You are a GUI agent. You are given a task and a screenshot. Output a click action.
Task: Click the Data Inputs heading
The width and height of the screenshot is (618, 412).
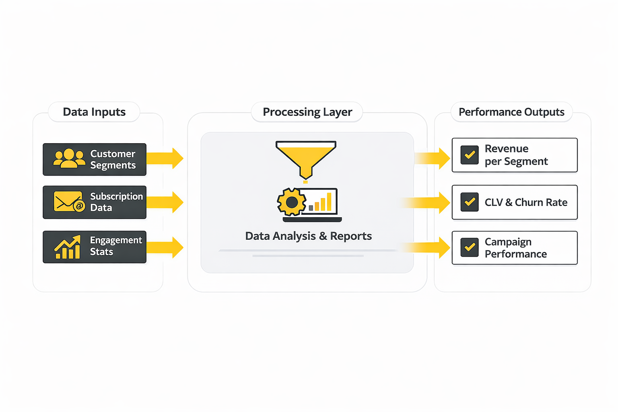pyautogui.click(x=94, y=112)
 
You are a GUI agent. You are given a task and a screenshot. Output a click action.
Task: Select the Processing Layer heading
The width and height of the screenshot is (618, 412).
pyautogui.click(x=307, y=112)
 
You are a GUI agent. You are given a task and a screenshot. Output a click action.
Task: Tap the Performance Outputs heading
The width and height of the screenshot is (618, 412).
pyautogui.click(x=511, y=112)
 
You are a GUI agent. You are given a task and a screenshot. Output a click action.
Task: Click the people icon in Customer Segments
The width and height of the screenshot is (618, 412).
pyautogui.click(x=69, y=158)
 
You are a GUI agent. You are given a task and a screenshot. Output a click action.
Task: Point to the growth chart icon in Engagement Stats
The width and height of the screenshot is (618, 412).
pyautogui.click(x=68, y=247)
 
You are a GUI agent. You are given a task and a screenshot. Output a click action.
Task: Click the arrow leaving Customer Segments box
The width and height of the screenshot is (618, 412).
pyautogui.click(x=165, y=158)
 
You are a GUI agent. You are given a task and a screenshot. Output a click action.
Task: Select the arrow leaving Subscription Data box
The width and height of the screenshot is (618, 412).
pyautogui.click(x=165, y=202)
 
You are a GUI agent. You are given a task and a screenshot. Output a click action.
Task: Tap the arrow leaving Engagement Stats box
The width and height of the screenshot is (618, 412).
pyautogui.click(x=165, y=247)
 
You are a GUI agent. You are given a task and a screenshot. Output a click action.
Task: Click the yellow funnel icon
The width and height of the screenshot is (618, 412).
pyautogui.click(x=306, y=159)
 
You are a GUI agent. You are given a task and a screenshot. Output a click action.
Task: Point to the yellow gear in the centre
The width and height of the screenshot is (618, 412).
pyautogui.click(x=291, y=202)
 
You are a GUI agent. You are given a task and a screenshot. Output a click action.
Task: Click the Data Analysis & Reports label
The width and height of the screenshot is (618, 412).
pyautogui.click(x=308, y=236)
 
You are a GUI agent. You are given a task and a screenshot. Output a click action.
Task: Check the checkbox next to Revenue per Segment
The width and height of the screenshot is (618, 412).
pyautogui.click(x=470, y=155)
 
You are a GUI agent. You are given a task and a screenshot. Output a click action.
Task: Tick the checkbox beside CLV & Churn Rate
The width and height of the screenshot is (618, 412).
pyautogui.click(x=470, y=202)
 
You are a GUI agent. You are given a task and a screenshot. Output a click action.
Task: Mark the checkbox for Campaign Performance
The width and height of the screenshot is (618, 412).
pyautogui.click(x=470, y=247)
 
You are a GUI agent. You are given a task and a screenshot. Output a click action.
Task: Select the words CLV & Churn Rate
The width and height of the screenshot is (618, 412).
pyautogui.click(x=526, y=202)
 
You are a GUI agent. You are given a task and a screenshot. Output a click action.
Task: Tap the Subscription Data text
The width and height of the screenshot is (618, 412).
pyautogui.click(x=116, y=202)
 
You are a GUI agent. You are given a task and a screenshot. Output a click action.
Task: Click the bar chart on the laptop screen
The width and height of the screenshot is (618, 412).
pyautogui.click(x=321, y=202)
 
